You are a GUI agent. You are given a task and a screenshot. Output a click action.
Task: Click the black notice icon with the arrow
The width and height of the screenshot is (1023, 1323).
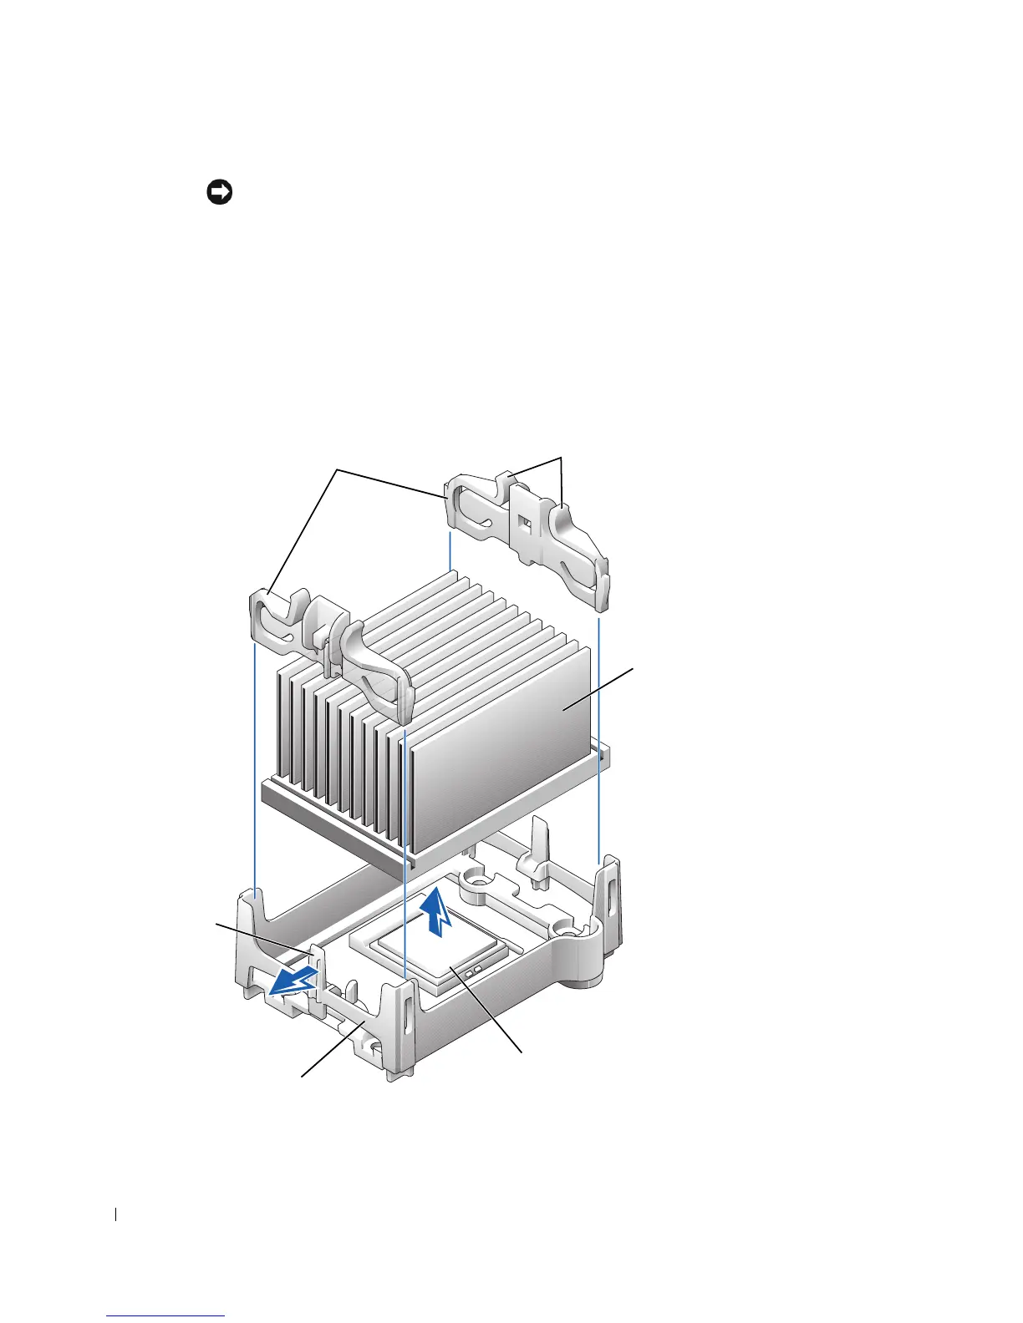click(219, 193)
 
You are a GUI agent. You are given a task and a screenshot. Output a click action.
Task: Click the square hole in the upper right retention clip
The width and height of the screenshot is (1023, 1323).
click(524, 525)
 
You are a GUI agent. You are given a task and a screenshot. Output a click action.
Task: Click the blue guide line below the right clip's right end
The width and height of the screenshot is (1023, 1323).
click(598, 735)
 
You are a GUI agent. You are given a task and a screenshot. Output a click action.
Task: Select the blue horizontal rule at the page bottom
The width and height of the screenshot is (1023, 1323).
click(166, 1316)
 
